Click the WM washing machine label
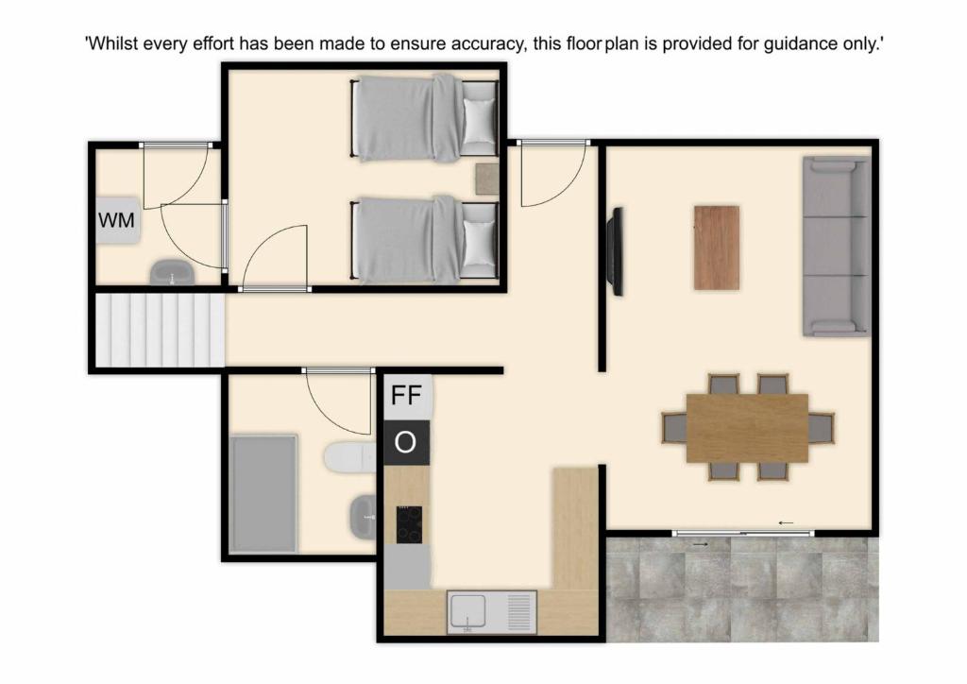(x=116, y=220)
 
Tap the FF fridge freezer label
(x=406, y=395)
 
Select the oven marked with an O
(x=406, y=443)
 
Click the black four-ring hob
(x=410, y=524)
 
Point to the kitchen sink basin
(x=468, y=612)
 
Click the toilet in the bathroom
(x=349, y=457)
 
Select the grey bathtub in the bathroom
(x=263, y=493)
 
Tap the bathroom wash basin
(x=362, y=517)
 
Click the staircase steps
(x=160, y=330)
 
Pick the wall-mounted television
(x=616, y=251)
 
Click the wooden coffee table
(x=717, y=248)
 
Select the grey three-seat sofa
(x=837, y=246)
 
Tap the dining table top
(x=748, y=428)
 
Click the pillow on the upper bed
(x=479, y=121)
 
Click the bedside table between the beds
(x=486, y=179)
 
